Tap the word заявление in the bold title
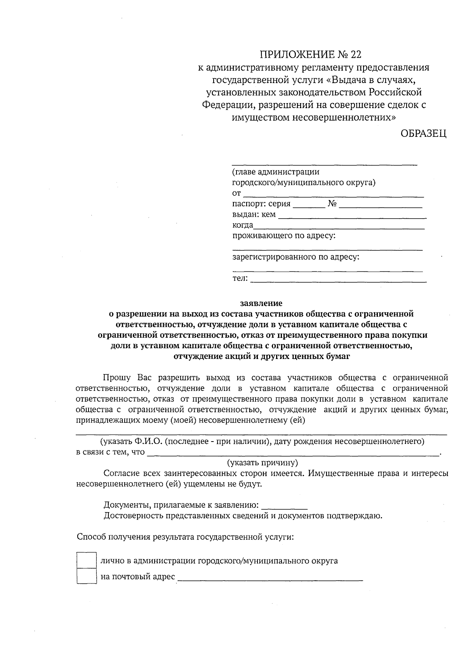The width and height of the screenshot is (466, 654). pos(261,303)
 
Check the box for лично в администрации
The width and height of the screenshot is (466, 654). pos(86,560)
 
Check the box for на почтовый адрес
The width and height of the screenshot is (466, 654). pos(86,576)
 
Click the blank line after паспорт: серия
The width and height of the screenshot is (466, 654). pos(309,205)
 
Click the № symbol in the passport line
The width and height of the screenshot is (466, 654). pos(332,204)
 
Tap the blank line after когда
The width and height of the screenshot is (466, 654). pos(339,227)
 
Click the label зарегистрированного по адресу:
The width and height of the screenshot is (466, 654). pos(296,257)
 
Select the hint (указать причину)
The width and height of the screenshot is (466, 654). pos(262,462)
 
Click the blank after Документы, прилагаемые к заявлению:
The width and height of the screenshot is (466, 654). pos(285,506)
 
